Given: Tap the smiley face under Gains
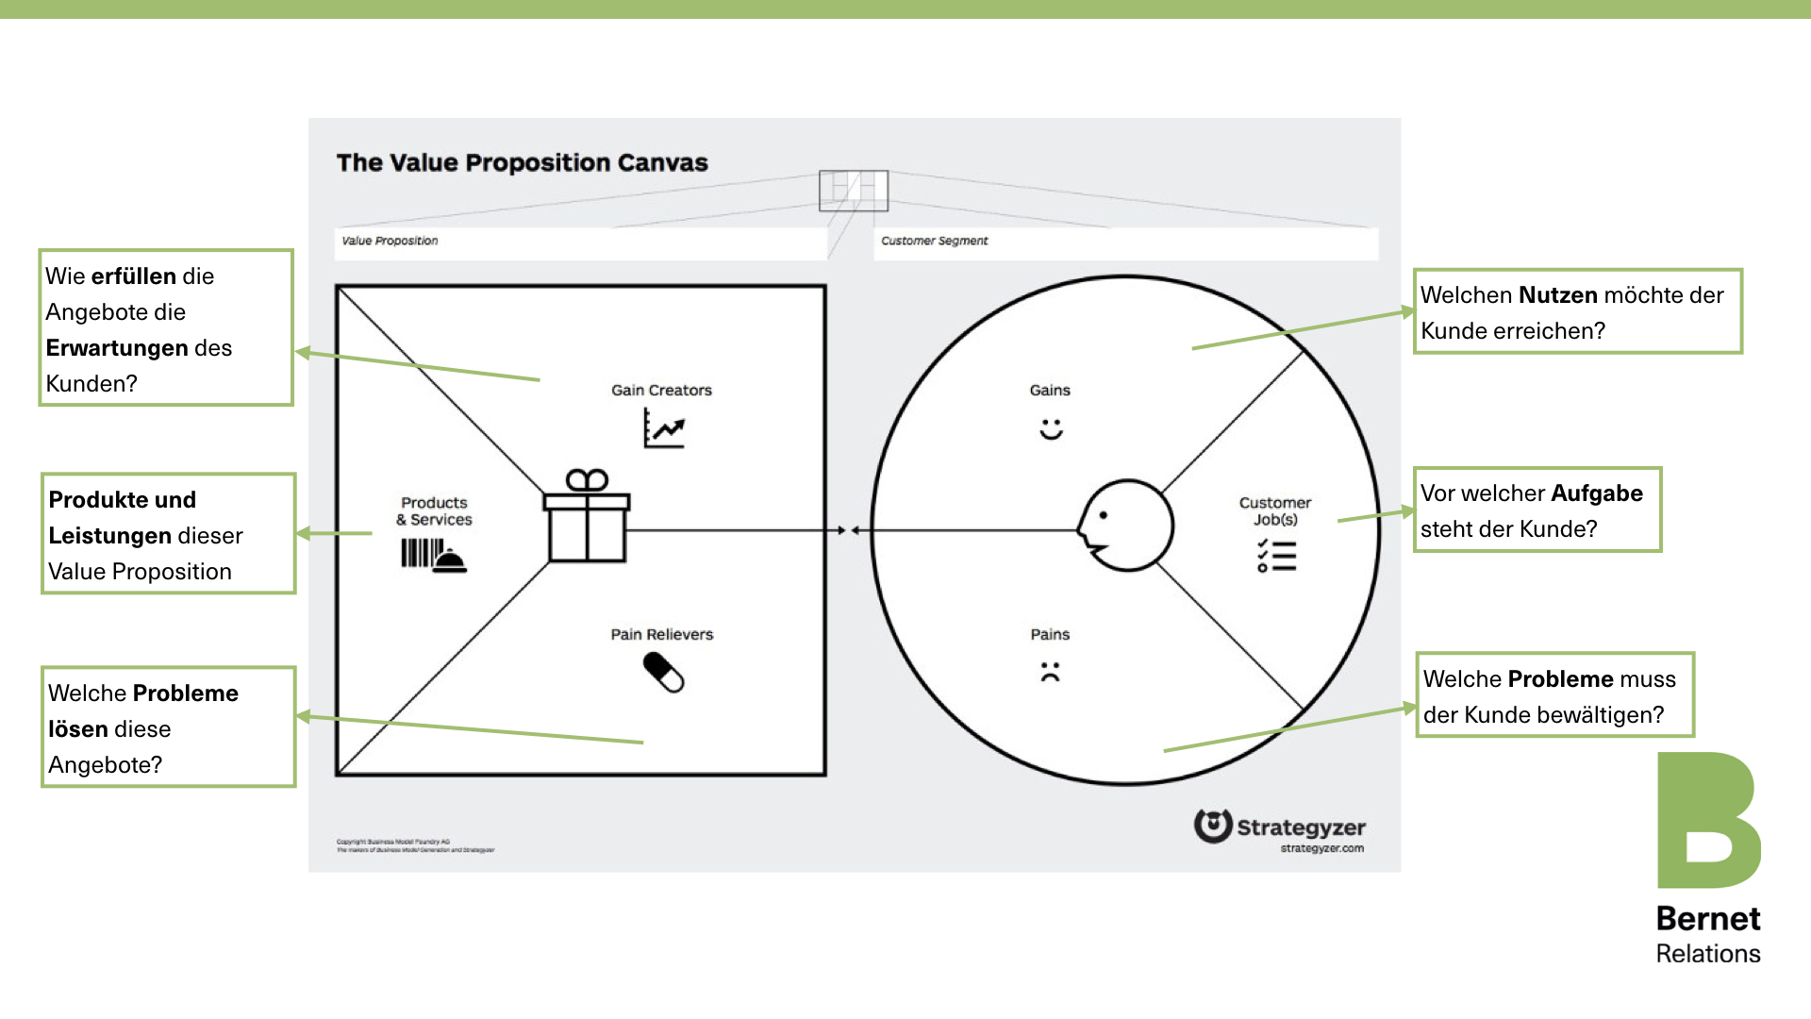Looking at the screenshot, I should (x=1051, y=428).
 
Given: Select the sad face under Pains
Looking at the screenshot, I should (x=1050, y=672).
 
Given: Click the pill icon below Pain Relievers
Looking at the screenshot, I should (x=663, y=673).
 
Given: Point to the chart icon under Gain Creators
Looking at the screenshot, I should (x=664, y=427).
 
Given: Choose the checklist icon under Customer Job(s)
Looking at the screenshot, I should (x=1276, y=556).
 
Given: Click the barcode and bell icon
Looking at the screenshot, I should (x=433, y=555).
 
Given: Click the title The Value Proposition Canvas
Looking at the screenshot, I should (x=522, y=162).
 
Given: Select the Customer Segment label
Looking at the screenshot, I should (x=934, y=241).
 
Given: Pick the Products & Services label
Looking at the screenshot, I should (x=434, y=510).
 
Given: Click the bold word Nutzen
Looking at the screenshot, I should (x=1557, y=295).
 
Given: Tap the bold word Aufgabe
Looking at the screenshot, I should (x=1596, y=493).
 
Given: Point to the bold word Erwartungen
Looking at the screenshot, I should (x=117, y=348).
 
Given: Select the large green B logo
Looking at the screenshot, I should (x=1707, y=820).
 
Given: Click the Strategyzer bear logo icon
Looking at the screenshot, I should (x=1213, y=826).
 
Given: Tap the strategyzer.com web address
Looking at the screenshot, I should (x=1321, y=848).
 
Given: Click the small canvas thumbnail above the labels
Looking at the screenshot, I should (x=853, y=191).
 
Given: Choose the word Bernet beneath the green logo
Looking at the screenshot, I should (x=1708, y=918).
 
